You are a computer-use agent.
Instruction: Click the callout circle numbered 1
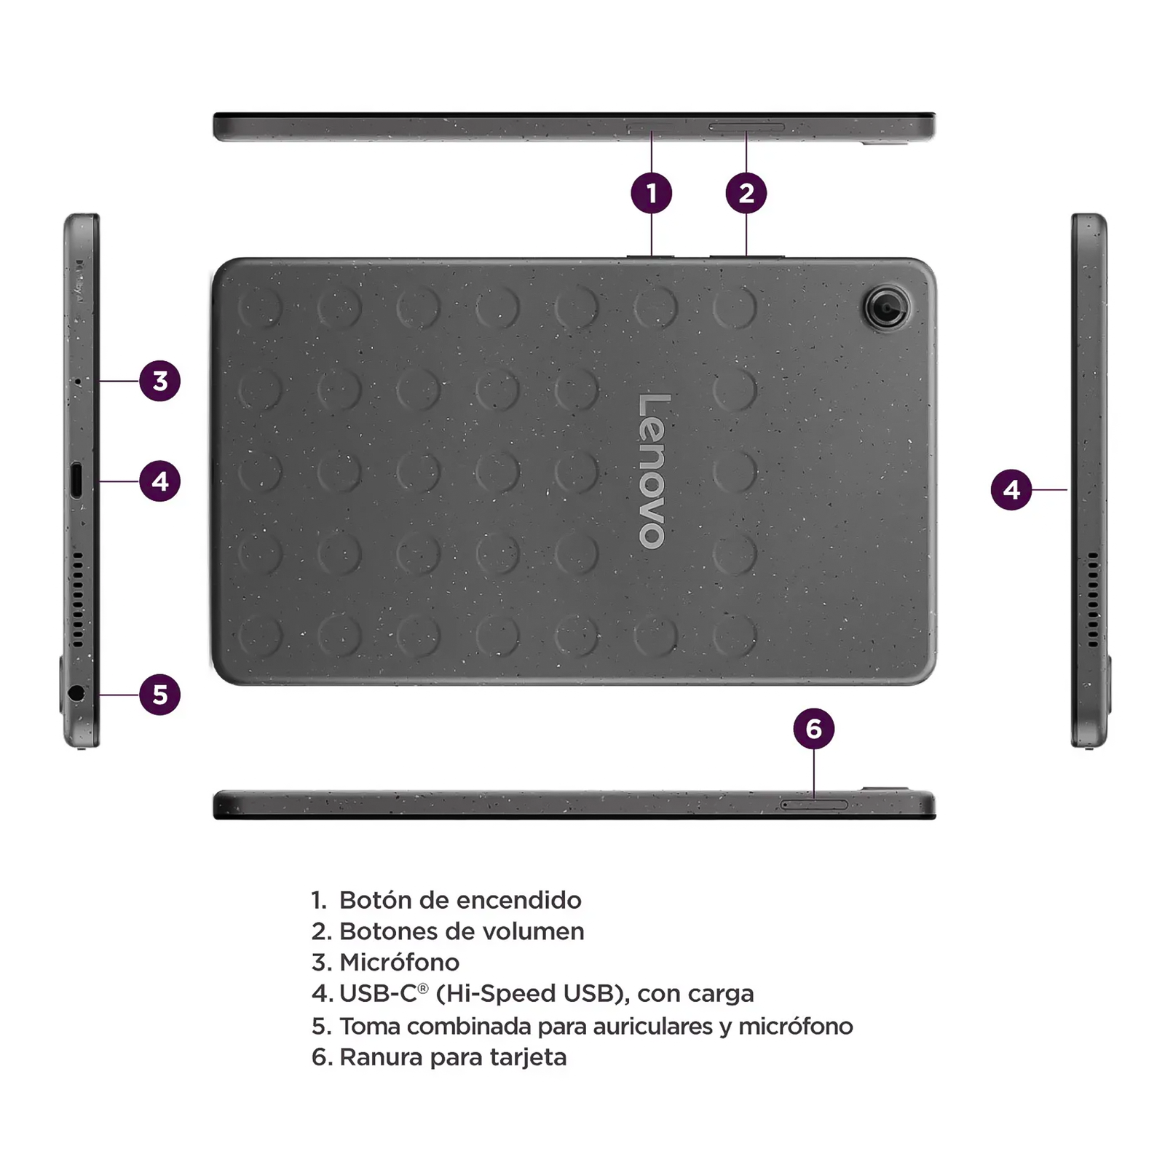[652, 193]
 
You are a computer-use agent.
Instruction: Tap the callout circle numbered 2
[746, 193]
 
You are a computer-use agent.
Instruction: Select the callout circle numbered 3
[160, 380]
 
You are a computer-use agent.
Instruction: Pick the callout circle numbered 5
[160, 694]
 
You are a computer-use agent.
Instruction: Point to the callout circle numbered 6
[814, 728]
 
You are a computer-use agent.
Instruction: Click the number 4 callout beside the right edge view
[1011, 489]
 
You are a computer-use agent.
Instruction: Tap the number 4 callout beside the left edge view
[160, 481]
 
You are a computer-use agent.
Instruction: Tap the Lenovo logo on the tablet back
[653, 471]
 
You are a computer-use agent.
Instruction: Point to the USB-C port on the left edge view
[76, 481]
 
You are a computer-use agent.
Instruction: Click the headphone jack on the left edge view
[76, 693]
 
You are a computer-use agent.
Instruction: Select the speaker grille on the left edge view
[77, 599]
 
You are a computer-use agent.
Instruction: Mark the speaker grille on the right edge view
[1093, 599]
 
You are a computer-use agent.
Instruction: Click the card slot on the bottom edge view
[814, 805]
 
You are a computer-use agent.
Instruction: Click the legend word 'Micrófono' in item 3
[400, 963]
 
